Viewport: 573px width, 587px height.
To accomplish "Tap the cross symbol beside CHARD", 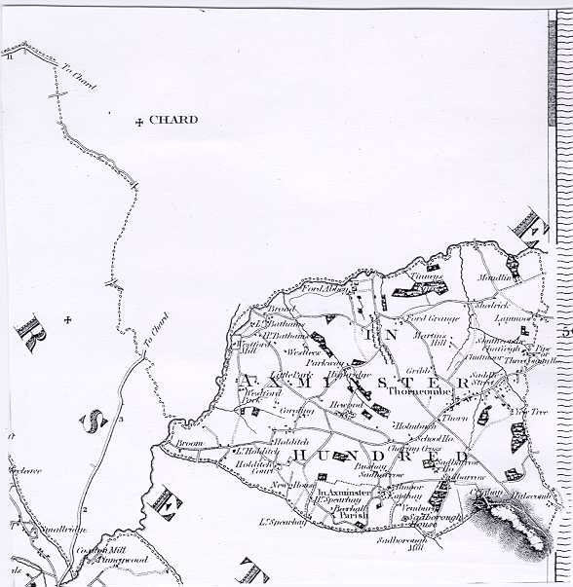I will click(x=139, y=122).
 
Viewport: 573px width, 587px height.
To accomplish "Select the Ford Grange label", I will click(x=428, y=318).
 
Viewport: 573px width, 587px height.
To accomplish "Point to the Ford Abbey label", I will click(x=324, y=289).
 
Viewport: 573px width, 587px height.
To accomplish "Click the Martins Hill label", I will click(x=431, y=339).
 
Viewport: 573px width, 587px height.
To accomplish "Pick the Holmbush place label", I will click(x=414, y=425).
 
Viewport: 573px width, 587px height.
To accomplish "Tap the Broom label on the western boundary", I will click(x=188, y=443).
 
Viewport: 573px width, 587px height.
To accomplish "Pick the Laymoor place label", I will click(x=513, y=317).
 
